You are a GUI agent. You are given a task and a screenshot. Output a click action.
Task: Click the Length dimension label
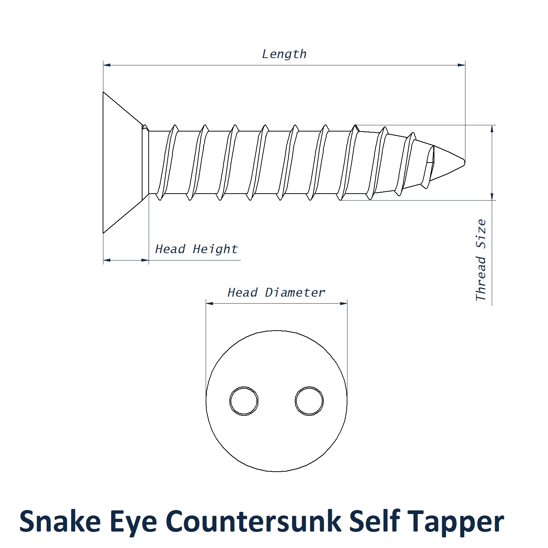point(284,54)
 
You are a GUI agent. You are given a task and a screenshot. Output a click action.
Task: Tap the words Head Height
point(196,249)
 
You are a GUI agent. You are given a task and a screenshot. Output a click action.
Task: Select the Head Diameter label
point(276,293)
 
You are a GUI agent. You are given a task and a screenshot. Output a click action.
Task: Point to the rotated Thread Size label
point(481,260)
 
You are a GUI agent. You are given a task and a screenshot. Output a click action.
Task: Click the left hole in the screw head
point(244,401)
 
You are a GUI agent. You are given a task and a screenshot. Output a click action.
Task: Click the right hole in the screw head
point(309,401)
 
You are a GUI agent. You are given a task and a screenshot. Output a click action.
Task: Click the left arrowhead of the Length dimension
point(107,65)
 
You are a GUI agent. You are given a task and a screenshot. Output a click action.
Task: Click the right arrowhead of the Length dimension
point(462,65)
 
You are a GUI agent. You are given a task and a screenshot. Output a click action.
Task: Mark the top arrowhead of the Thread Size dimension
point(492,128)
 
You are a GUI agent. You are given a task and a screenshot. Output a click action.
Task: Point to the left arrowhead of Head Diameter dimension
point(209,303)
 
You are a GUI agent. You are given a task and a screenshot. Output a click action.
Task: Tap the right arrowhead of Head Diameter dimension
point(344,303)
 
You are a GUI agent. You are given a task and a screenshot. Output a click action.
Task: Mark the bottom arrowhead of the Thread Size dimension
point(492,197)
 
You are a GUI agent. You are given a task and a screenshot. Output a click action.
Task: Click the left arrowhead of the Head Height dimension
point(107,260)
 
